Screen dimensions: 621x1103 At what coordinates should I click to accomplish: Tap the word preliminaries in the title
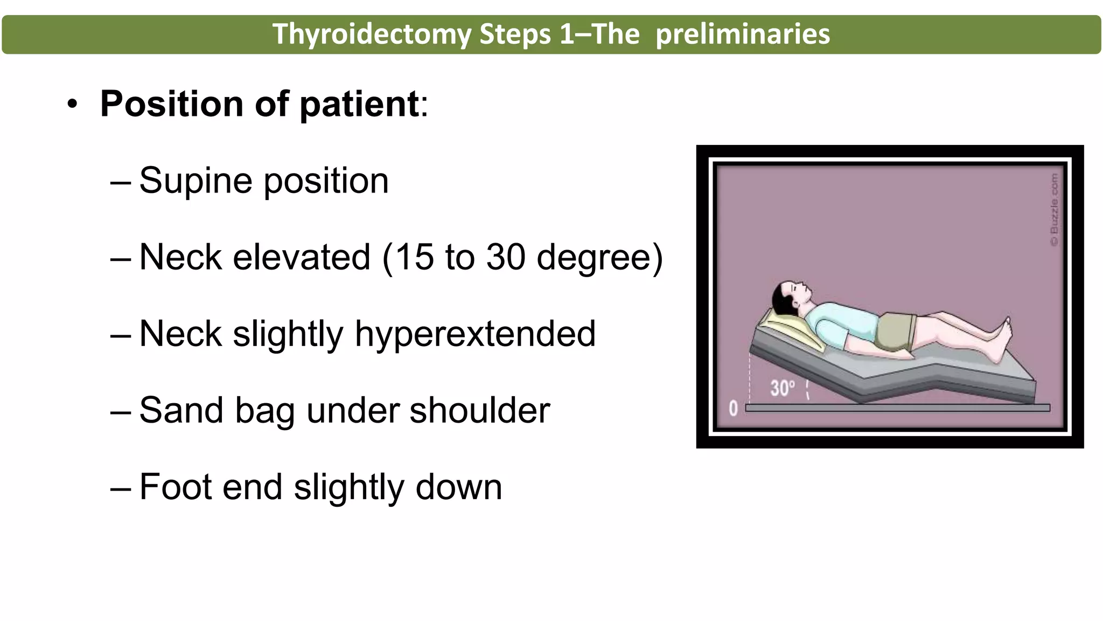tap(743, 34)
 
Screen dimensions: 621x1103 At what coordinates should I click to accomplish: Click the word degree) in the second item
tap(600, 257)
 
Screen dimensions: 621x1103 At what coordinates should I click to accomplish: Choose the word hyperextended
tap(475, 334)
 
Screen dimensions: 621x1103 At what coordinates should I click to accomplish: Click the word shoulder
tap(480, 410)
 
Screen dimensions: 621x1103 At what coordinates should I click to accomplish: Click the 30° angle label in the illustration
tap(782, 388)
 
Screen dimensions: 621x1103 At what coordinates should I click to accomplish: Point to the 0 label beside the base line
tap(733, 408)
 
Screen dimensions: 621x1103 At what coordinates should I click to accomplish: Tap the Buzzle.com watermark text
tap(1054, 209)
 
